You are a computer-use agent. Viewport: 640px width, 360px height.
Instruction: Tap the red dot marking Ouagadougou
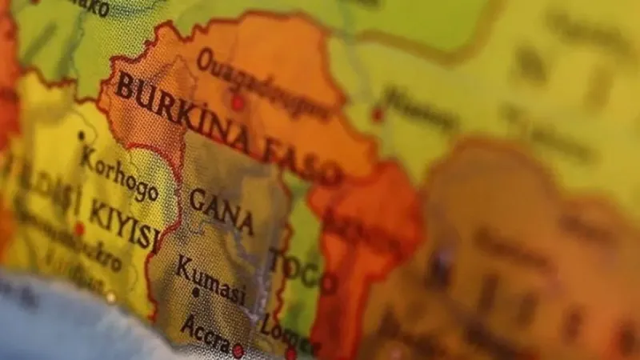point(238,102)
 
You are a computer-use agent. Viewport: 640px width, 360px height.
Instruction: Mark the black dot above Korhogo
point(81,136)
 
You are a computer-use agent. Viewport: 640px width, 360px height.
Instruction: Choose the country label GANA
point(222,210)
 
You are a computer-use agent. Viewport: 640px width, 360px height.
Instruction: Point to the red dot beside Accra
point(238,350)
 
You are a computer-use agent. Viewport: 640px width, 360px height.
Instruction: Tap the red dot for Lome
point(291,352)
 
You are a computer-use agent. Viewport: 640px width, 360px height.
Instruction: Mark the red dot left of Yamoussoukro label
point(79,229)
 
